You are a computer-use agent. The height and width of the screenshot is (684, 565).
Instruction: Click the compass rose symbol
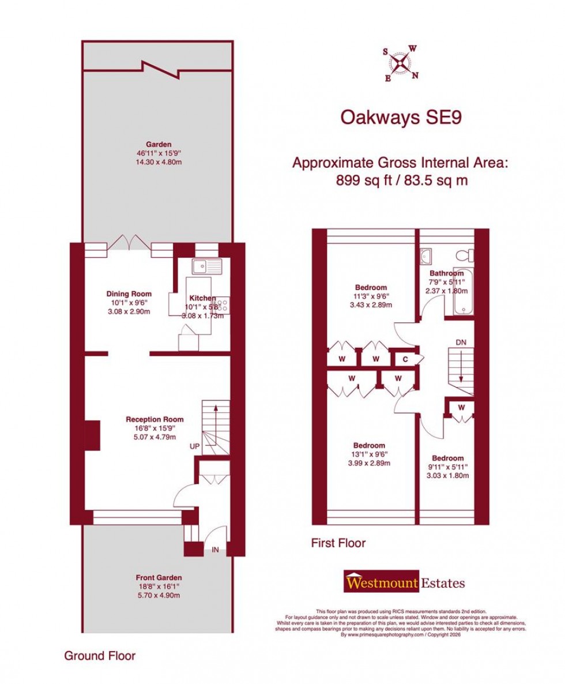point(401,62)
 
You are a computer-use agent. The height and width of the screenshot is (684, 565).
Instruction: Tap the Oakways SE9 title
point(401,117)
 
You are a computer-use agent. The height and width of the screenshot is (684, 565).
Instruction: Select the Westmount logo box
point(382,583)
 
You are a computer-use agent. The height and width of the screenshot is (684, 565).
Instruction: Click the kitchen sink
point(206,266)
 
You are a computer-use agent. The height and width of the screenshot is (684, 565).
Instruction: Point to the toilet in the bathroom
point(464,255)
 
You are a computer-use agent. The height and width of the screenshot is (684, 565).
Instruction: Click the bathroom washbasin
point(427,255)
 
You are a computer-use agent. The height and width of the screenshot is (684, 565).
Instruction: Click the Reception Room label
point(155,419)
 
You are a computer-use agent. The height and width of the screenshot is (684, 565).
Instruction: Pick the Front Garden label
point(159,577)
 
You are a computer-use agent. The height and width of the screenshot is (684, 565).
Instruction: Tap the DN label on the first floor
point(461,343)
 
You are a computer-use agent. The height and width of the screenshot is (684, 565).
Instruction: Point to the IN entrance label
point(214,550)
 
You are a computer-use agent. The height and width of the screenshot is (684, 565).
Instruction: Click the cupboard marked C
point(405,359)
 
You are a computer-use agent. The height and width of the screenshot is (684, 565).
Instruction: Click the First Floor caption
point(338,543)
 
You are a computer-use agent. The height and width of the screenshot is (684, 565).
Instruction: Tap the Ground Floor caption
point(100,656)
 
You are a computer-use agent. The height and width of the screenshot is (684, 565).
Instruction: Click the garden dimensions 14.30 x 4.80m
point(159,163)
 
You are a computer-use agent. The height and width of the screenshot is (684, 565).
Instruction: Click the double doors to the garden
point(130,242)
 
